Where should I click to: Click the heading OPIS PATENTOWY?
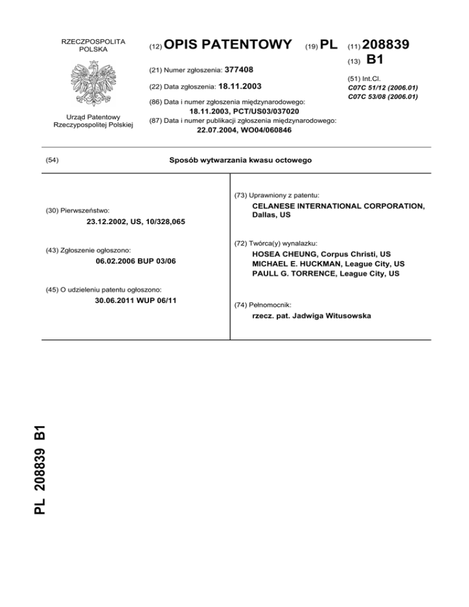(x=228, y=45)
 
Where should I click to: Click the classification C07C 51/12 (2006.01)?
(x=382, y=87)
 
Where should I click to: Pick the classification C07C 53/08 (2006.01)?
(x=382, y=96)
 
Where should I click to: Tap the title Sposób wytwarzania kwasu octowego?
(x=239, y=160)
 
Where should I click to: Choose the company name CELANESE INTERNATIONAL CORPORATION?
(x=338, y=206)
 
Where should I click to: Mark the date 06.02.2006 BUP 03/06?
(x=137, y=262)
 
